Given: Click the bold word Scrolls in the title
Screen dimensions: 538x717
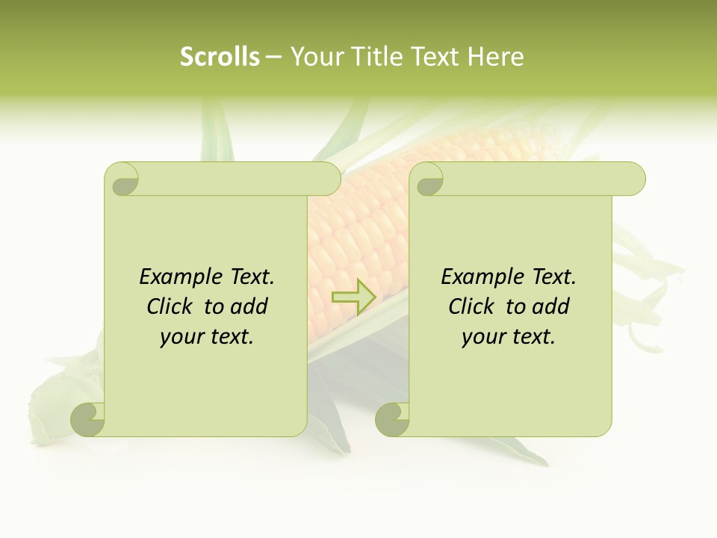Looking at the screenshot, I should coord(220,57).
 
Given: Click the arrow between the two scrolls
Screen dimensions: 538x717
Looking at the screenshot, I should coord(354,297).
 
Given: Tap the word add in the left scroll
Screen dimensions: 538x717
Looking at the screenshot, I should coord(249,306).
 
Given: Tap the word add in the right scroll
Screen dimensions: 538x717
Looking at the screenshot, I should coord(550,306).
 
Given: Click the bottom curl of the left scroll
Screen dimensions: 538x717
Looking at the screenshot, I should coord(88,419).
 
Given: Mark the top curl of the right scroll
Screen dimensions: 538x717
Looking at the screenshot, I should coord(428,179).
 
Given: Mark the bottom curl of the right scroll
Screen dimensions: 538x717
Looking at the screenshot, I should coord(393,419).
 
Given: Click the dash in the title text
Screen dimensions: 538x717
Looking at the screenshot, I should coord(274,57).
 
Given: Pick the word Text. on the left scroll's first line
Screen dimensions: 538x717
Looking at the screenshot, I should coord(249,277).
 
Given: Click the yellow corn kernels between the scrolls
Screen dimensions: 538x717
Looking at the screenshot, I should coord(357,232).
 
